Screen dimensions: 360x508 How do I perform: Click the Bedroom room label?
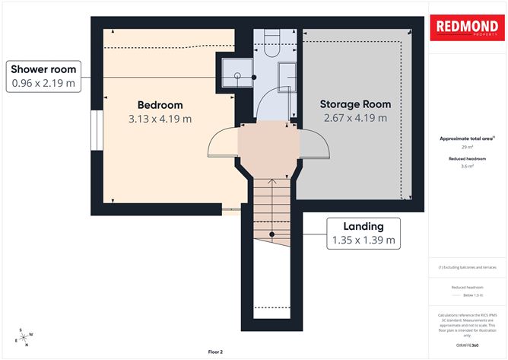pyautogui.click(x=160, y=105)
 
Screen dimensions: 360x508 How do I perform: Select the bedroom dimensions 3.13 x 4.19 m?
pyautogui.click(x=160, y=119)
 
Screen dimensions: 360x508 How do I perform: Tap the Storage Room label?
pyautogui.click(x=355, y=104)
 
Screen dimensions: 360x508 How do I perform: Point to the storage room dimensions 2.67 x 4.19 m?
pyautogui.click(x=355, y=118)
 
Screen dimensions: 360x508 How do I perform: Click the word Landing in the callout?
pyautogui.click(x=363, y=226)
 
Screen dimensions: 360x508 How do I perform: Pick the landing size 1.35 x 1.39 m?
pyautogui.click(x=363, y=241)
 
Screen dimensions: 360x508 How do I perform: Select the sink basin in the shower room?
pyautogui.click(x=286, y=77)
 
